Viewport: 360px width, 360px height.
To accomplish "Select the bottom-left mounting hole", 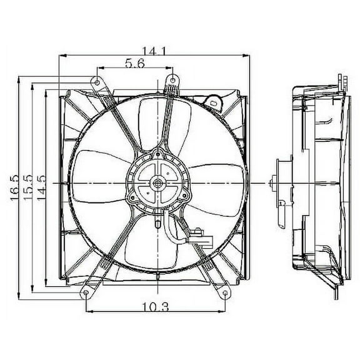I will pyautogui.click(x=84, y=294).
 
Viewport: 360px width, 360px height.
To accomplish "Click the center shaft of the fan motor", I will pyautogui.click(x=156, y=183).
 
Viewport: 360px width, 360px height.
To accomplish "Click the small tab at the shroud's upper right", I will pyautogui.click(x=215, y=99).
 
